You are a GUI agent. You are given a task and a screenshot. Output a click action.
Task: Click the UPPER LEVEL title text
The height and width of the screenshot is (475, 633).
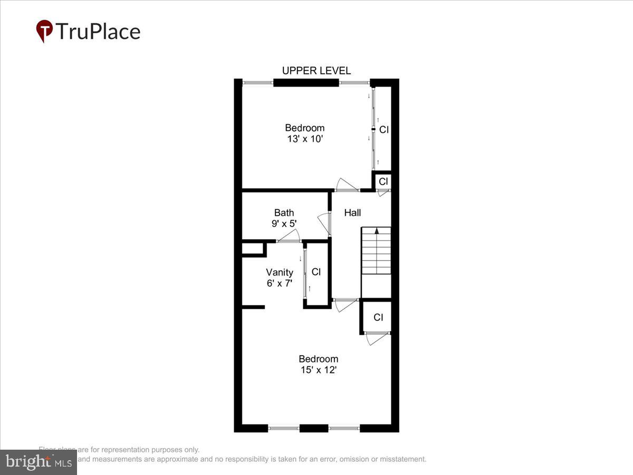click(316, 71)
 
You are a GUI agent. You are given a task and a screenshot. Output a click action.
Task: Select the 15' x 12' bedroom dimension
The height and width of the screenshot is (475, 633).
click(318, 370)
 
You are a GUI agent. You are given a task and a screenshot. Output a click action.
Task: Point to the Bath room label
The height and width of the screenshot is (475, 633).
click(284, 213)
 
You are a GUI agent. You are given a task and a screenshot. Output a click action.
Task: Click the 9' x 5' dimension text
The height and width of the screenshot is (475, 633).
click(284, 223)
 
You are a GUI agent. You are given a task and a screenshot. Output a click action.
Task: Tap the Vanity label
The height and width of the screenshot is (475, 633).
click(279, 272)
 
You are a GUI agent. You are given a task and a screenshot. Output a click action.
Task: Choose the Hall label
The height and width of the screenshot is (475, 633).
click(352, 213)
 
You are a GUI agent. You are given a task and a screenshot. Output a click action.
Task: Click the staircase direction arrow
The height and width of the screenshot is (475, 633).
click(377, 231)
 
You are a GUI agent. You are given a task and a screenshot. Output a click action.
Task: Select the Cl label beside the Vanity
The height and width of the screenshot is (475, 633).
click(316, 272)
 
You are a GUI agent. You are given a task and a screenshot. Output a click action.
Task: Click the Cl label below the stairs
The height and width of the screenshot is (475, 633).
click(378, 317)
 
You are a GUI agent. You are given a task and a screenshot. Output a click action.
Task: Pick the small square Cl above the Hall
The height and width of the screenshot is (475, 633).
click(383, 181)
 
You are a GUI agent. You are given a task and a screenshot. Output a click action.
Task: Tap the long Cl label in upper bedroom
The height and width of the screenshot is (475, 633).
click(384, 129)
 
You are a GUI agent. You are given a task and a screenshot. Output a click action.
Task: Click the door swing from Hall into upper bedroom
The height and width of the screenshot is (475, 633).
click(348, 185)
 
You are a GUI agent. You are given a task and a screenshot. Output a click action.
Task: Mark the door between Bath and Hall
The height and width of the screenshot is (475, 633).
click(324, 224)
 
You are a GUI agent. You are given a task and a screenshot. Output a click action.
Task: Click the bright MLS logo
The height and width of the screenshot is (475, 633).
click(38, 462)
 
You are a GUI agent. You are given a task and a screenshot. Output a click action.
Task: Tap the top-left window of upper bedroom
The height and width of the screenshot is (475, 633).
click(258, 82)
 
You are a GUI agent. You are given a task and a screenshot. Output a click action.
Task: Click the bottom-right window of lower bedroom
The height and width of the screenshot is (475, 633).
click(344, 428)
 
